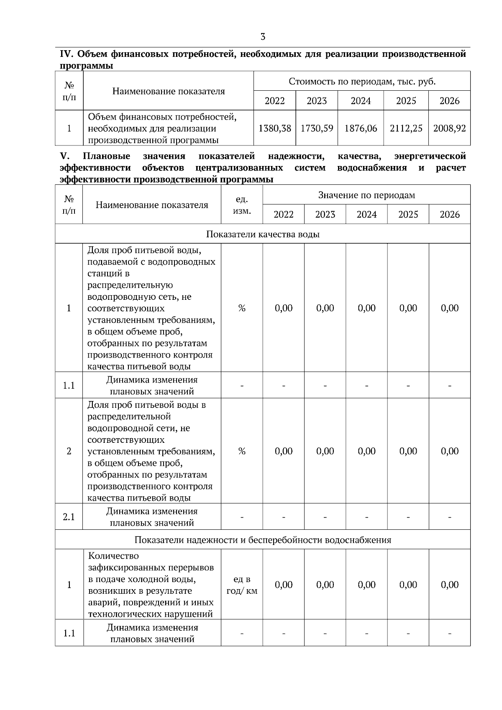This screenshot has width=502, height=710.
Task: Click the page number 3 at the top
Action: (263, 37)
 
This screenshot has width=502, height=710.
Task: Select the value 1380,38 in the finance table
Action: (274, 128)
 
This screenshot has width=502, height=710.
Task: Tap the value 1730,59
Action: (317, 128)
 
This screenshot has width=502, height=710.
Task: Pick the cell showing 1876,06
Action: (361, 128)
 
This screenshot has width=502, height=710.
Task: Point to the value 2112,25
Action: (406, 128)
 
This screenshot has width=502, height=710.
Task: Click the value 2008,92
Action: (449, 128)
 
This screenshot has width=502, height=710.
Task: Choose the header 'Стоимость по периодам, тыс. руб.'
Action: (362, 82)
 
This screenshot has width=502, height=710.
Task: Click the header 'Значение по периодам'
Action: (366, 195)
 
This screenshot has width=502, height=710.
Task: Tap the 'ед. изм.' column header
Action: (242, 205)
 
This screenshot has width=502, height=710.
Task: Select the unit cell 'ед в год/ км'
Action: (242, 585)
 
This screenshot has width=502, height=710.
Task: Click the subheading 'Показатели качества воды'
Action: (263, 234)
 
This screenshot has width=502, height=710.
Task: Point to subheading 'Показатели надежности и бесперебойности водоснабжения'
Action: (263, 540)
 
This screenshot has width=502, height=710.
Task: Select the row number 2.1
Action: (69, 517)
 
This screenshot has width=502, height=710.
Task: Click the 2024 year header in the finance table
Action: (361, 101)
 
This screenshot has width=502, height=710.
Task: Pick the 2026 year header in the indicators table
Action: (449, 215)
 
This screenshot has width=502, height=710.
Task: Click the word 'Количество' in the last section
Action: (113, 556)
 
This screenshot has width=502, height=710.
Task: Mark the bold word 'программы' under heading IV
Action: (87, 66)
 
